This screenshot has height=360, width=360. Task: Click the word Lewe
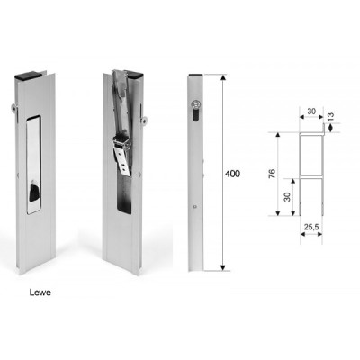[40, 292]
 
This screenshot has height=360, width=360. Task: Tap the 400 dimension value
[232, 174]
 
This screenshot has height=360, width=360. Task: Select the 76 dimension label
[271, 174]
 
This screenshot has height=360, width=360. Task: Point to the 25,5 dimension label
[311, 227]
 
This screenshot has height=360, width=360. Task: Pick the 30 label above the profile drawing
[311, 112]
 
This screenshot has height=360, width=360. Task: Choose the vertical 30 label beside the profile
[287, 197]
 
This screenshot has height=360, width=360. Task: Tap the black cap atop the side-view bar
[195, 76]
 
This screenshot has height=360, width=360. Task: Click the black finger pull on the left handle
[33, 193]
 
